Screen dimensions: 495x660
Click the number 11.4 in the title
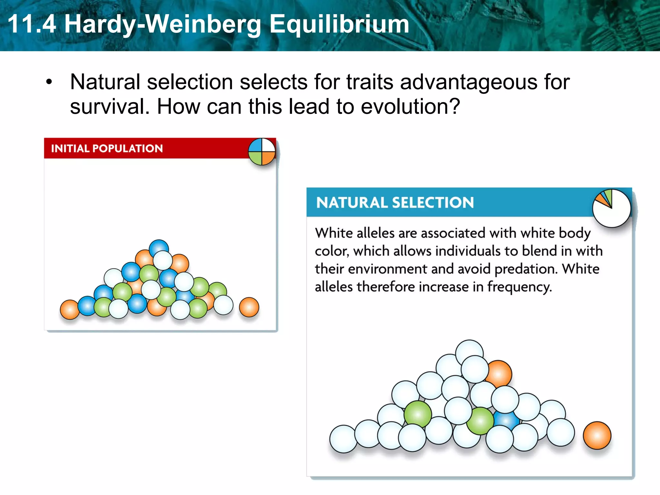point(32,24)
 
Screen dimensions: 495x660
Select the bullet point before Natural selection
point(49,82)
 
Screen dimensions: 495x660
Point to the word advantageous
point(469,82)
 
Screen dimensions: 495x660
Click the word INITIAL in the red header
point(70,149)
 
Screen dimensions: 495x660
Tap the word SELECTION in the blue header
point(433,203)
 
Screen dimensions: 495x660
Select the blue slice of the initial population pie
point(255,145)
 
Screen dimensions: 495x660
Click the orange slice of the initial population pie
point(268,158)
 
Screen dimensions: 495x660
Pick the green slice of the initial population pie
point(256,158)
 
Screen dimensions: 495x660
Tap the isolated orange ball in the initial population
point(249,307)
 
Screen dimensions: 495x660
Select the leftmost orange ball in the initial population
point(69,309)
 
